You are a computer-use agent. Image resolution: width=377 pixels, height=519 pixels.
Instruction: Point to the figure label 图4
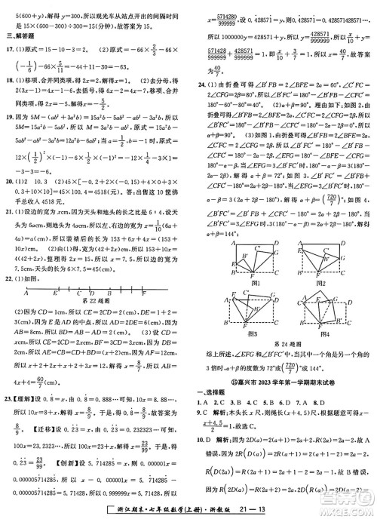(x=323, y=333)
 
